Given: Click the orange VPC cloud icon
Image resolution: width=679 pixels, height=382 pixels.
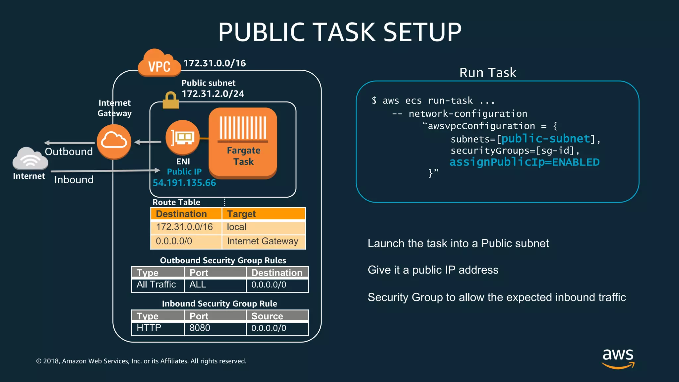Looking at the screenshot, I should [159, 64].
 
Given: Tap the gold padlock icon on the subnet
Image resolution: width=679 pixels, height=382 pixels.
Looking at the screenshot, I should [171, 100].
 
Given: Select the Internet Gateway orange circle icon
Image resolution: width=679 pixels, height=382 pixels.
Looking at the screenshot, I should [114, 142].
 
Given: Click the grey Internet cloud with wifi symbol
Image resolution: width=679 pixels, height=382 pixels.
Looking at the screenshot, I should [30, 159].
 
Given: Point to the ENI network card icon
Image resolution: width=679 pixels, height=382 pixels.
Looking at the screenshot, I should [182, 137].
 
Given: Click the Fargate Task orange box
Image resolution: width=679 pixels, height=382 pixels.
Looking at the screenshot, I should [243, 143].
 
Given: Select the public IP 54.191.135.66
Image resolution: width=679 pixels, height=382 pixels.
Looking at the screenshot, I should [184, 183].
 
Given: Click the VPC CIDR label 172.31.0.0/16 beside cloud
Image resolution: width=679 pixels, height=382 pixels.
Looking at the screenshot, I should [215, 63].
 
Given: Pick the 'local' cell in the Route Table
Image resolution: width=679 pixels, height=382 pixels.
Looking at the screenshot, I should [236, 227].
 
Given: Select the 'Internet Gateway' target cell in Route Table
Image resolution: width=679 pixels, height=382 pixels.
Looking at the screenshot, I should [263, 241].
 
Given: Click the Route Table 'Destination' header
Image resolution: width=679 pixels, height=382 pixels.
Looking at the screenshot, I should [181, 214].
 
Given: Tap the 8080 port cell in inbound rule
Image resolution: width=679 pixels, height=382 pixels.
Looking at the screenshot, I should [200, 328].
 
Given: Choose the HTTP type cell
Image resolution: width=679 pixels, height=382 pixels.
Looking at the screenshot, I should [149, 328].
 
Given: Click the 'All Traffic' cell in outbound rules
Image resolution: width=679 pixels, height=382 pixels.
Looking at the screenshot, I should [156, 285].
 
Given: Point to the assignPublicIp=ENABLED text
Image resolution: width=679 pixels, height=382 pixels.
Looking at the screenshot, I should [524, 162].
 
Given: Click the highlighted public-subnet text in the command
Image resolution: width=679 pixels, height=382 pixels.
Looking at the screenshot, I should [546, 139].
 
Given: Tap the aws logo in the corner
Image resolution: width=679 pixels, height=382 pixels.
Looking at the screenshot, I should [618, 358].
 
